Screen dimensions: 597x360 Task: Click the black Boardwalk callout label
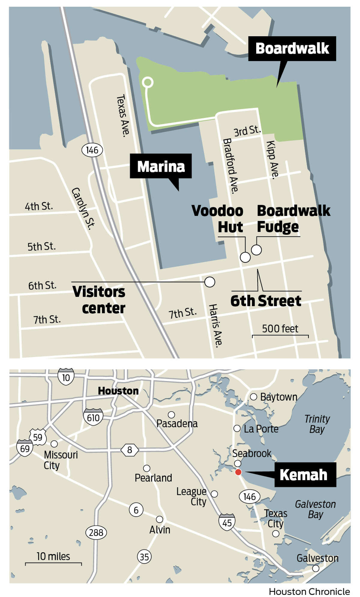pyautogui.click(x=292, y=49)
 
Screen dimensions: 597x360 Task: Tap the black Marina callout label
pyautogui.click(x=161, y=166)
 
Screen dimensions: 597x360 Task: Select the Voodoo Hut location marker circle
pyautogui.click(x=245, y=257)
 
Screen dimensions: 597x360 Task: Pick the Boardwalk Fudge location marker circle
pyautogui.click(x=256, y=249)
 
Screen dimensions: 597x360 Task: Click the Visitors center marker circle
pyautogui.click(x=210, y=282)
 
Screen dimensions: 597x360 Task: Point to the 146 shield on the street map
pyautogui.click(x=92, y=150)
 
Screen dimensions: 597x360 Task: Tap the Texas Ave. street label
pyautogui.click(x=123, y=115)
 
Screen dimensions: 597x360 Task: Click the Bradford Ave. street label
pyautogui.click(x=231, y=165)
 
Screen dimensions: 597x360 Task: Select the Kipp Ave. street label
pyautogui.click(x=273, y=160)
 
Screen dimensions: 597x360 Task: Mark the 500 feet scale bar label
pyautogui.click(x=280, y=329)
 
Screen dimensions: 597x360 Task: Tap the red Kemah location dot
pyautogui.click(x=238, y=472)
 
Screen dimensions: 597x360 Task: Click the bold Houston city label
pyautogui.click(x=118, y=391)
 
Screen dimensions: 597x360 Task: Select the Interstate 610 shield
pyautogui.click(x=93, y=417)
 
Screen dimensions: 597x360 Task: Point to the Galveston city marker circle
pyautogui.click(x=316, y=568)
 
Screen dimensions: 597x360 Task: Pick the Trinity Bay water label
pyautogui.click(x=317, y=424)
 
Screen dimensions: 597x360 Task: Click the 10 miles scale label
pyautogui.click(x=53, y=556)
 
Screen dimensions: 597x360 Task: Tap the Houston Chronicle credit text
pyautogui.click(x=309, y=591)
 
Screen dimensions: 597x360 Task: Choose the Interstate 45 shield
pyautogui.click(x=227, y=523)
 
